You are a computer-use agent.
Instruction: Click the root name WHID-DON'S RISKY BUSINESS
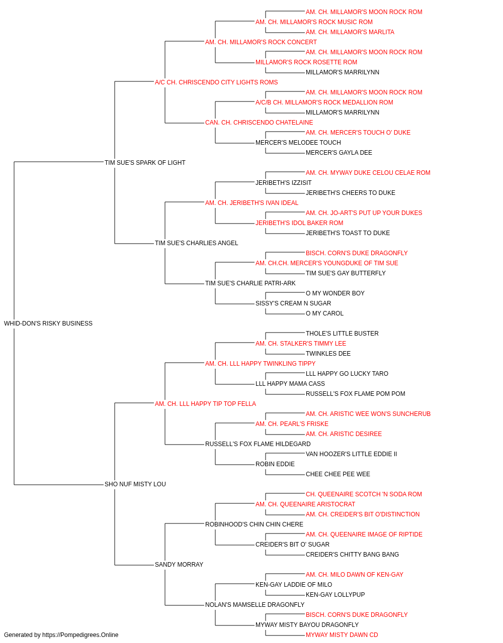tap(48, 324)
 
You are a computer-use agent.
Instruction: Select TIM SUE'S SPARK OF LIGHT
tap(145, 162)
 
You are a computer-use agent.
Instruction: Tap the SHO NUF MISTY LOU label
tap(135, 484)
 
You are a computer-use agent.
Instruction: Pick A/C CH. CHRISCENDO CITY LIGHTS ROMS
tap(216, 82)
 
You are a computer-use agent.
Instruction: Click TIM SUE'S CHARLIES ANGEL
tap(196, 243)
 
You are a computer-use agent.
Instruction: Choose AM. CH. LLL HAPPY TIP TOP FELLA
tap(205, 403)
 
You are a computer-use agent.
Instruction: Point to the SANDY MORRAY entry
tap(179, 564)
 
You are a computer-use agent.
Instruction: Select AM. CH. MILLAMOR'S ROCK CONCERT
tap(261, 42)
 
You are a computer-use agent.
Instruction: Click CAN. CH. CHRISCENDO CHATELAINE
tap(259, 123)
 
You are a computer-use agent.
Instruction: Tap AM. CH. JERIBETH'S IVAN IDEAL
tap(252, 202)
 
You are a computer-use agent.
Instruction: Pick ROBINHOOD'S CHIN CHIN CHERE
tap(254, 524)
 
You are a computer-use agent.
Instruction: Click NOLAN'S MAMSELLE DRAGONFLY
tap(255, 604)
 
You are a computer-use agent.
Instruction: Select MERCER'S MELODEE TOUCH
tap(298, 143)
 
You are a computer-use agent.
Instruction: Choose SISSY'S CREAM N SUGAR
tap(293, 303)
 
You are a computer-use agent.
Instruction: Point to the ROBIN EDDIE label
tap(275, 464)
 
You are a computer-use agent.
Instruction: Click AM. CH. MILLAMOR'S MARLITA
tap(350, 32)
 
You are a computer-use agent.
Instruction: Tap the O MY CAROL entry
tap(324, 313)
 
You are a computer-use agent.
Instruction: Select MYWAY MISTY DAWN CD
tap(342, 635)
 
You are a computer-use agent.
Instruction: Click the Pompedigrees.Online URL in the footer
tap(80, 635)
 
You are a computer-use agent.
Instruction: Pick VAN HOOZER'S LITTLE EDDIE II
tap(351, 454)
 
